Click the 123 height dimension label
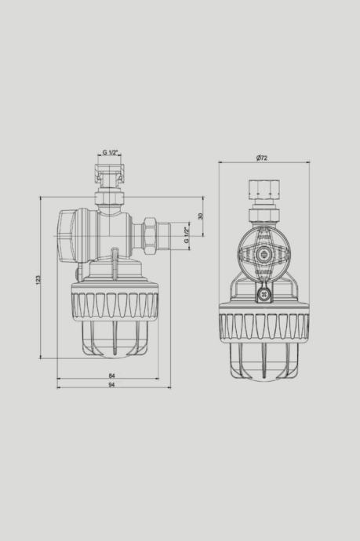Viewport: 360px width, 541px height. pos(38,279)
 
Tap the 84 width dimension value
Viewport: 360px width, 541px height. pos(111,376)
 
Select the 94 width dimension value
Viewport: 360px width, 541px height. pos(111,385)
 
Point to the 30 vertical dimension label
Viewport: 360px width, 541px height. pos(201,216)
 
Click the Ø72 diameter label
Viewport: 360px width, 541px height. pos(262,158)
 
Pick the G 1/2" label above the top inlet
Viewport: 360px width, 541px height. pos(111,153)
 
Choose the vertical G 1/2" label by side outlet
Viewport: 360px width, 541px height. pos(187,234)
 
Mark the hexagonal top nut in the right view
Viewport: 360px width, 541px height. pos(264,187)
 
